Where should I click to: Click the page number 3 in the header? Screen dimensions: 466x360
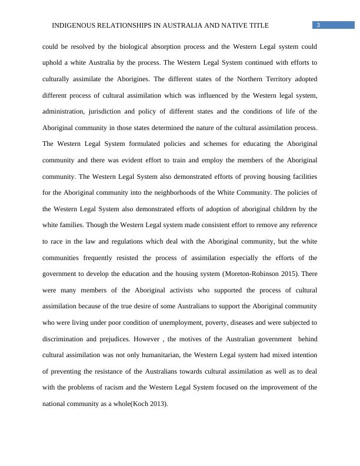coord(318,25)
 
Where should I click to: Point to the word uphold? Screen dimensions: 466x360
coord(54,62)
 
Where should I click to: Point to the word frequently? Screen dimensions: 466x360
coord(109,258)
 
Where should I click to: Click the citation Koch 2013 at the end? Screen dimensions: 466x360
coord(150,404)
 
